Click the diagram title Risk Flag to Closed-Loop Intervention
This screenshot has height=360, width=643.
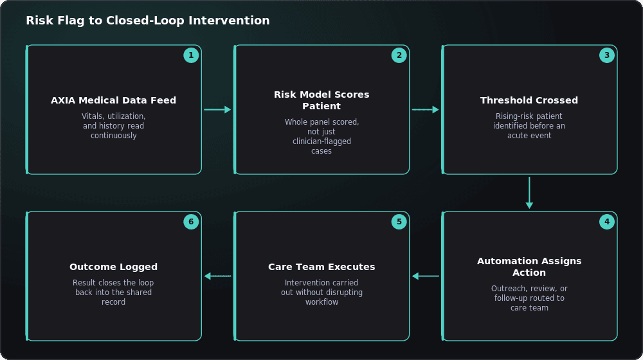[x=148, y=21]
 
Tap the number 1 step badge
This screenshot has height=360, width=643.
[x=191, y=55]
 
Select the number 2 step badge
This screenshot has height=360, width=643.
[x=399, y=55]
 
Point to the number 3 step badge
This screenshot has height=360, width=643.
[x=607, y=55]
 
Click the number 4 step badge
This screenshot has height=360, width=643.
[x=607, y=222]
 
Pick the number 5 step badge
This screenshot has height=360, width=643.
[x=399, y=222]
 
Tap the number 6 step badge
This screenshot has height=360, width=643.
[x=191, y=222]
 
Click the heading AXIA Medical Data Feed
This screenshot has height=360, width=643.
[x=114, y=100]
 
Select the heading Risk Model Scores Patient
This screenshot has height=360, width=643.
[x=321, y=100]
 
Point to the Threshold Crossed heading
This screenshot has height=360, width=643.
[x=529, y=100]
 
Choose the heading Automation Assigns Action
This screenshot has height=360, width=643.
[x=529, y=267]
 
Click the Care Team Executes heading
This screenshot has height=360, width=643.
[x=321, y=267]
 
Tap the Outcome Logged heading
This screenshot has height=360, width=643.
[x=114, y=267]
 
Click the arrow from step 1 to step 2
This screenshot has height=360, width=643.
[x=218, y=109]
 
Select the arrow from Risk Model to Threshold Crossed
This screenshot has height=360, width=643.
[x=426, y=109]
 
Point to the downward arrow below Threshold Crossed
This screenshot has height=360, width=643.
[x=529, y=193]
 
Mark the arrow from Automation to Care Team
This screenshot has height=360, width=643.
[x=426, y=276]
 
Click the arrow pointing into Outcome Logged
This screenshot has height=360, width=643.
[x=218, y=276]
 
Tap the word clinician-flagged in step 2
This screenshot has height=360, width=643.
[x=321, y=141]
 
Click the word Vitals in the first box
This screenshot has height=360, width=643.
[x=91, y=116]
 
